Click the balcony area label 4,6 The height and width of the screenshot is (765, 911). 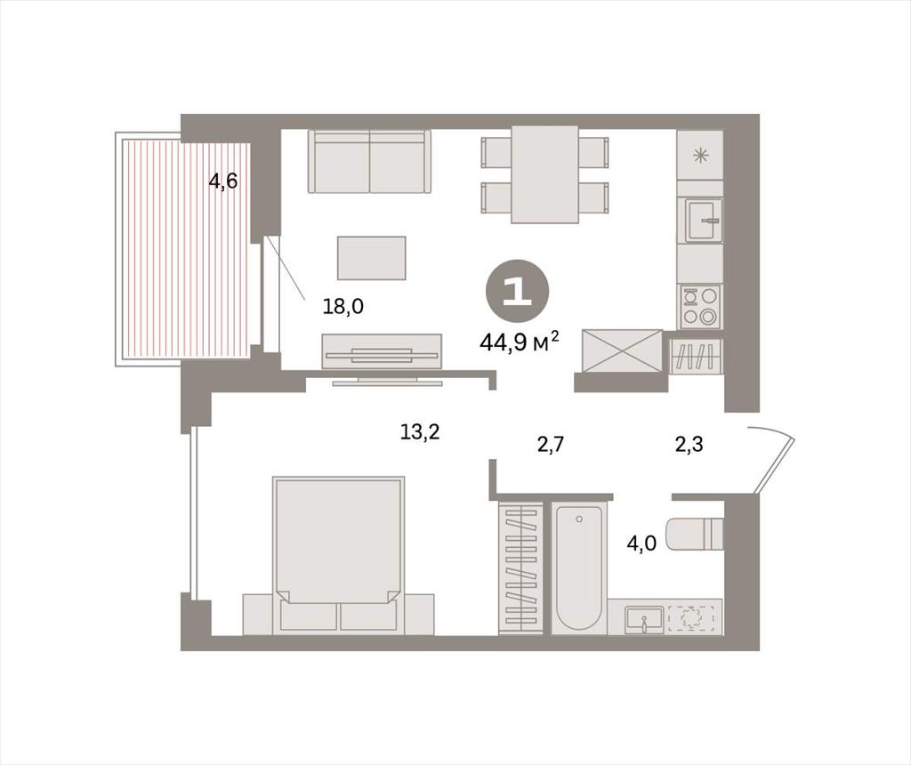(223, 181)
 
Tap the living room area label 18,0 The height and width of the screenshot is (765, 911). (343, 306)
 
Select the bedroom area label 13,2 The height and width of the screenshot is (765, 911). (420, 431)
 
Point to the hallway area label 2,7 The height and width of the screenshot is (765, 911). (550, 445)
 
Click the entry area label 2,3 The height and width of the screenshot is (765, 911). (689, 445)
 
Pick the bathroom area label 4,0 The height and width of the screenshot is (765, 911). (641, 544)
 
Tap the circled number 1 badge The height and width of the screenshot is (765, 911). (517, 290)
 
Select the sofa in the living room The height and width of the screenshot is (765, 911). (369, 162)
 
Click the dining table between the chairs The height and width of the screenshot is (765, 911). (545, 174)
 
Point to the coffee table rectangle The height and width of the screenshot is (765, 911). (371, 257)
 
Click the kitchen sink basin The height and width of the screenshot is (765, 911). (703, 220)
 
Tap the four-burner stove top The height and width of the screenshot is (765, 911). (700, 306)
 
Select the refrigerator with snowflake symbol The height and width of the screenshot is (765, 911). (700, 155)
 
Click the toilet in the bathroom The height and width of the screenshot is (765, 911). (694, 534)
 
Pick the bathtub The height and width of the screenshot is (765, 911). (578, 568)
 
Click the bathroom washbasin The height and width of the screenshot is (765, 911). (644, 619)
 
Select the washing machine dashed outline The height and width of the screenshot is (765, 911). (691, 618)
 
